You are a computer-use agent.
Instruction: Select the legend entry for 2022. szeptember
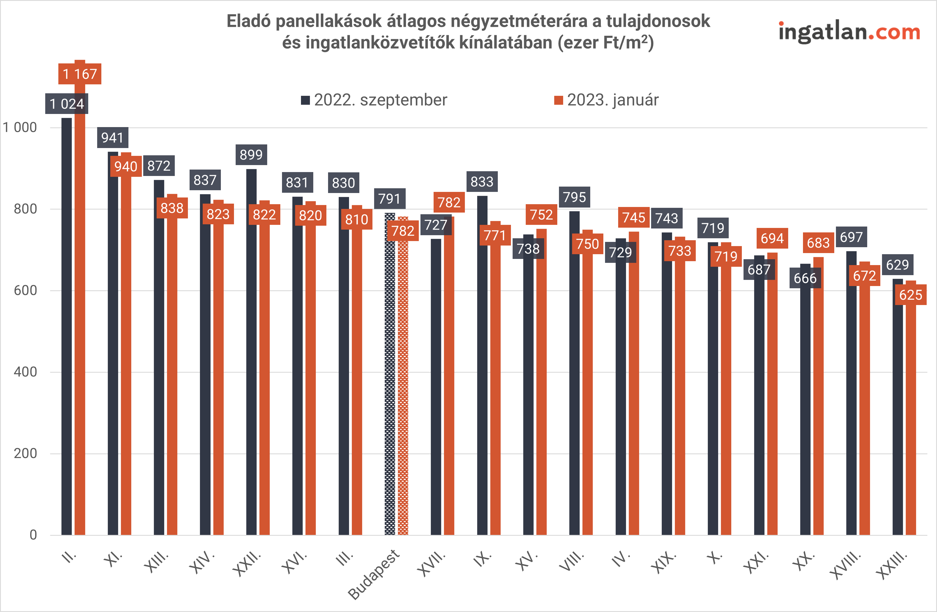[374, 100]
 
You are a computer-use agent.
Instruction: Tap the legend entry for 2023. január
[606, 100]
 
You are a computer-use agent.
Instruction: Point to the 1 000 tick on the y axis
[20, 128]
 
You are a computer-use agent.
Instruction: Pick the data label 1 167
[80, 74]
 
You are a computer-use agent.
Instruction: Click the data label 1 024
[66, 104]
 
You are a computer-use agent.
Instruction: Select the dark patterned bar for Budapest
[390, 374]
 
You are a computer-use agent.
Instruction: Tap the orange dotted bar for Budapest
[403, 386]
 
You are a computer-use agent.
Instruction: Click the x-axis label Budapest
[374, 575]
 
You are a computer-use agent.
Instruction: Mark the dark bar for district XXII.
[251, 354]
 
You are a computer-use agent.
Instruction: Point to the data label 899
[251, 155]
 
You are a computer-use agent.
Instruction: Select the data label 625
[911, 295]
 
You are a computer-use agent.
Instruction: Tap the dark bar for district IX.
[482, 366]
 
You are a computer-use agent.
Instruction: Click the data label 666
[805, 278]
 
